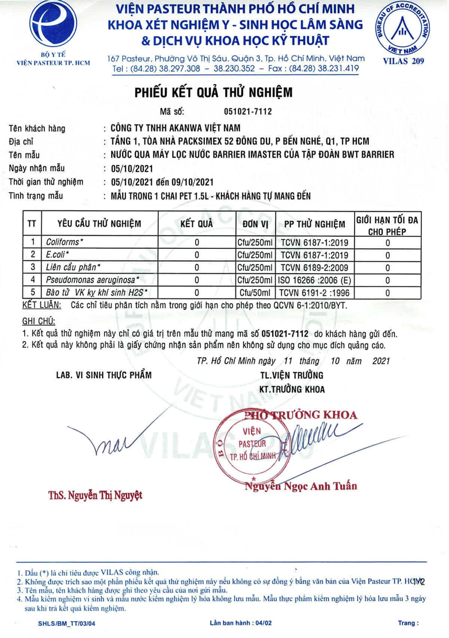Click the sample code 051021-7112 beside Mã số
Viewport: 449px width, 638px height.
247,111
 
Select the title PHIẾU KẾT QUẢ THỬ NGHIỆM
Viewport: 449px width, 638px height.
213,92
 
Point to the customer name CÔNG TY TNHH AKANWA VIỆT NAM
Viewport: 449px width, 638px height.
175,128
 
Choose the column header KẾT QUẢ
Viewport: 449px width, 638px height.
196,223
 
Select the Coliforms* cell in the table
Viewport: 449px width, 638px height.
64,243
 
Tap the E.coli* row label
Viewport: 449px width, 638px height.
58,255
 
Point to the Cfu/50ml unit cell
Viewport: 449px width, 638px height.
254,292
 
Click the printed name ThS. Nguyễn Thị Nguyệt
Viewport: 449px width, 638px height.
95,494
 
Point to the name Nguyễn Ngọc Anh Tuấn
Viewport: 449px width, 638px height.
300,486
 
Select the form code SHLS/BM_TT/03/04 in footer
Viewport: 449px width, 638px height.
67,624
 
